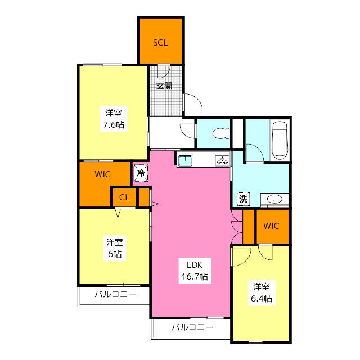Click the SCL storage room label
coord(160,43)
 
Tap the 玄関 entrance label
coord(164,86)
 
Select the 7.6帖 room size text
coord(114,125)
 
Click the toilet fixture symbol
coord(221,133)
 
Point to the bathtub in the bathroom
coord(280,140)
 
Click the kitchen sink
coord(185,160)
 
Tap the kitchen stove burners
coord(222,160)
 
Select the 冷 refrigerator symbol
coord(141,173)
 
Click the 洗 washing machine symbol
coord(244,199)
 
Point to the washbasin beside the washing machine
coord(274,199)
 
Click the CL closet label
coord(124,197)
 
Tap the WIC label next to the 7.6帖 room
coord(102,174)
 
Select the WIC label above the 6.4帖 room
coord(271,226)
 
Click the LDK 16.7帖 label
coord(195,271)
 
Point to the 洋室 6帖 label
coord(115,248)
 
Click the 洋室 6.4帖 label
coord(262,292)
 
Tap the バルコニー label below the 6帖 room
coord(115,294)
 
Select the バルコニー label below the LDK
coord(192,327)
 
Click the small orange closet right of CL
coord(144,197)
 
